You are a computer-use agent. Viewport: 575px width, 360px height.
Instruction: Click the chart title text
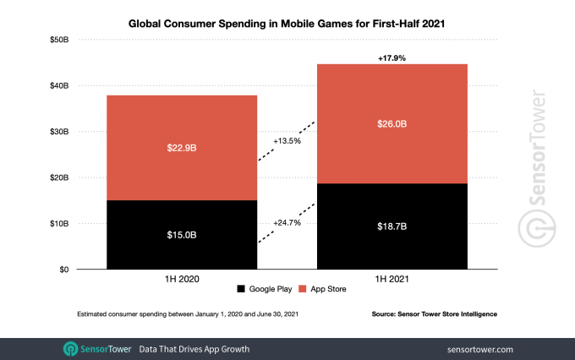[x=287, y=24]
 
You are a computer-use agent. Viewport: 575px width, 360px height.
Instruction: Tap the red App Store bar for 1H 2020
[x=182, y=148]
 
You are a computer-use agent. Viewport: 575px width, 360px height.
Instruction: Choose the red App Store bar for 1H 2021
[x=392, y=123]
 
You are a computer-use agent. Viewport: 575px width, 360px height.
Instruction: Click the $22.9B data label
[x=182, y=148]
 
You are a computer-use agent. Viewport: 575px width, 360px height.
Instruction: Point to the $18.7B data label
[x=392, y=227]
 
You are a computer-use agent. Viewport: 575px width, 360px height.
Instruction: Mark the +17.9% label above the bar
[x=392, y=57]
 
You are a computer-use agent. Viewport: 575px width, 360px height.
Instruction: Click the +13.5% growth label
[x=287, y=141]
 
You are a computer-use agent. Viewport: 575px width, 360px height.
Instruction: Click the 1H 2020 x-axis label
[x=182, y=277]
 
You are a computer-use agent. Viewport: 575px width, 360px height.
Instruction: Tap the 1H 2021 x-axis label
[x=392, y=277]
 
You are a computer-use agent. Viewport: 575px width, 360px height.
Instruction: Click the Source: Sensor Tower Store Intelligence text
[x=434, y=314]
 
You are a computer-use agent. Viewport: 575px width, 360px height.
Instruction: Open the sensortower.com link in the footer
[x=479, y=348]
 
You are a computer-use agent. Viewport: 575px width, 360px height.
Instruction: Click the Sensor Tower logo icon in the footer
[x=71, y=348]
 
